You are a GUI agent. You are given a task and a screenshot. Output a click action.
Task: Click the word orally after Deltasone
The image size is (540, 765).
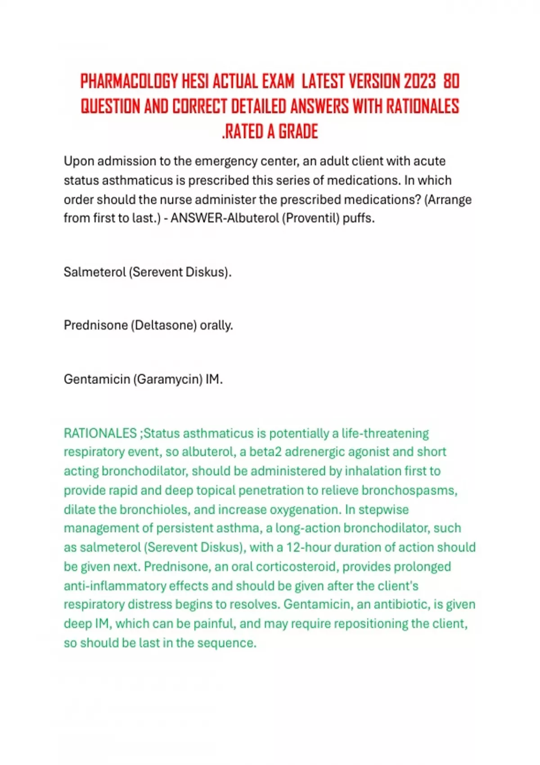coord(216,325)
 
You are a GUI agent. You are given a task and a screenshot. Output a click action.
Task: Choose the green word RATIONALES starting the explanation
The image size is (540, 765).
coord(100,433)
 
